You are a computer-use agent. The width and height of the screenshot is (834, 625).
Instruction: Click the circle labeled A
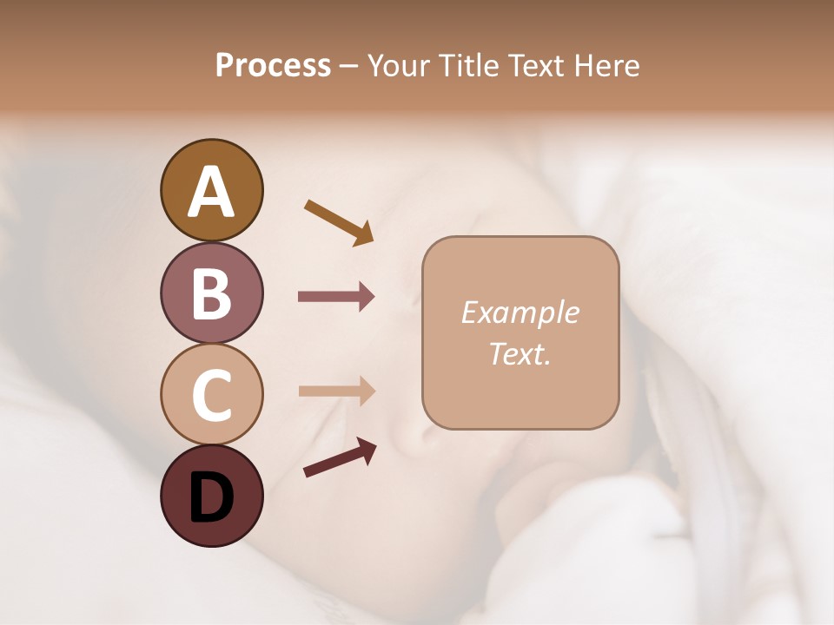point(211,190)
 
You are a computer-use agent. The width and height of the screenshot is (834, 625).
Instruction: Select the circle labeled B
point(211,293)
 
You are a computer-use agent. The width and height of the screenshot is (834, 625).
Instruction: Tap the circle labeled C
point(211,394)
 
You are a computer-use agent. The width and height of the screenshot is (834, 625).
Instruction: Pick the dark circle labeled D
point(211,496)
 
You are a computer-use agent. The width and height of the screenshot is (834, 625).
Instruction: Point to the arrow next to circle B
point(336,297)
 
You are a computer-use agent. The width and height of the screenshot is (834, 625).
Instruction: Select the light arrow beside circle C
point(336,391)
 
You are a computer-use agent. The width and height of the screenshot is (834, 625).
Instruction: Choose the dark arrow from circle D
point(340,457)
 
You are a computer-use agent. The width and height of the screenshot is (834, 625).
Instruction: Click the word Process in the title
point(273,66)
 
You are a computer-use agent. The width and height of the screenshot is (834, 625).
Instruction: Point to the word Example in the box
point(520,312)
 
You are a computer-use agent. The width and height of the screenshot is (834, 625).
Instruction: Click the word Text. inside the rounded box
point(520,353)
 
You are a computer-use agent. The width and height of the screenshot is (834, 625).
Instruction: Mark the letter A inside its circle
point(211,192)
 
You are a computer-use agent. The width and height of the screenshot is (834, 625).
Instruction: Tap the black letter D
point(211,497)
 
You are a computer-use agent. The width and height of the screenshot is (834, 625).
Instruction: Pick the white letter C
point(211,395)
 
